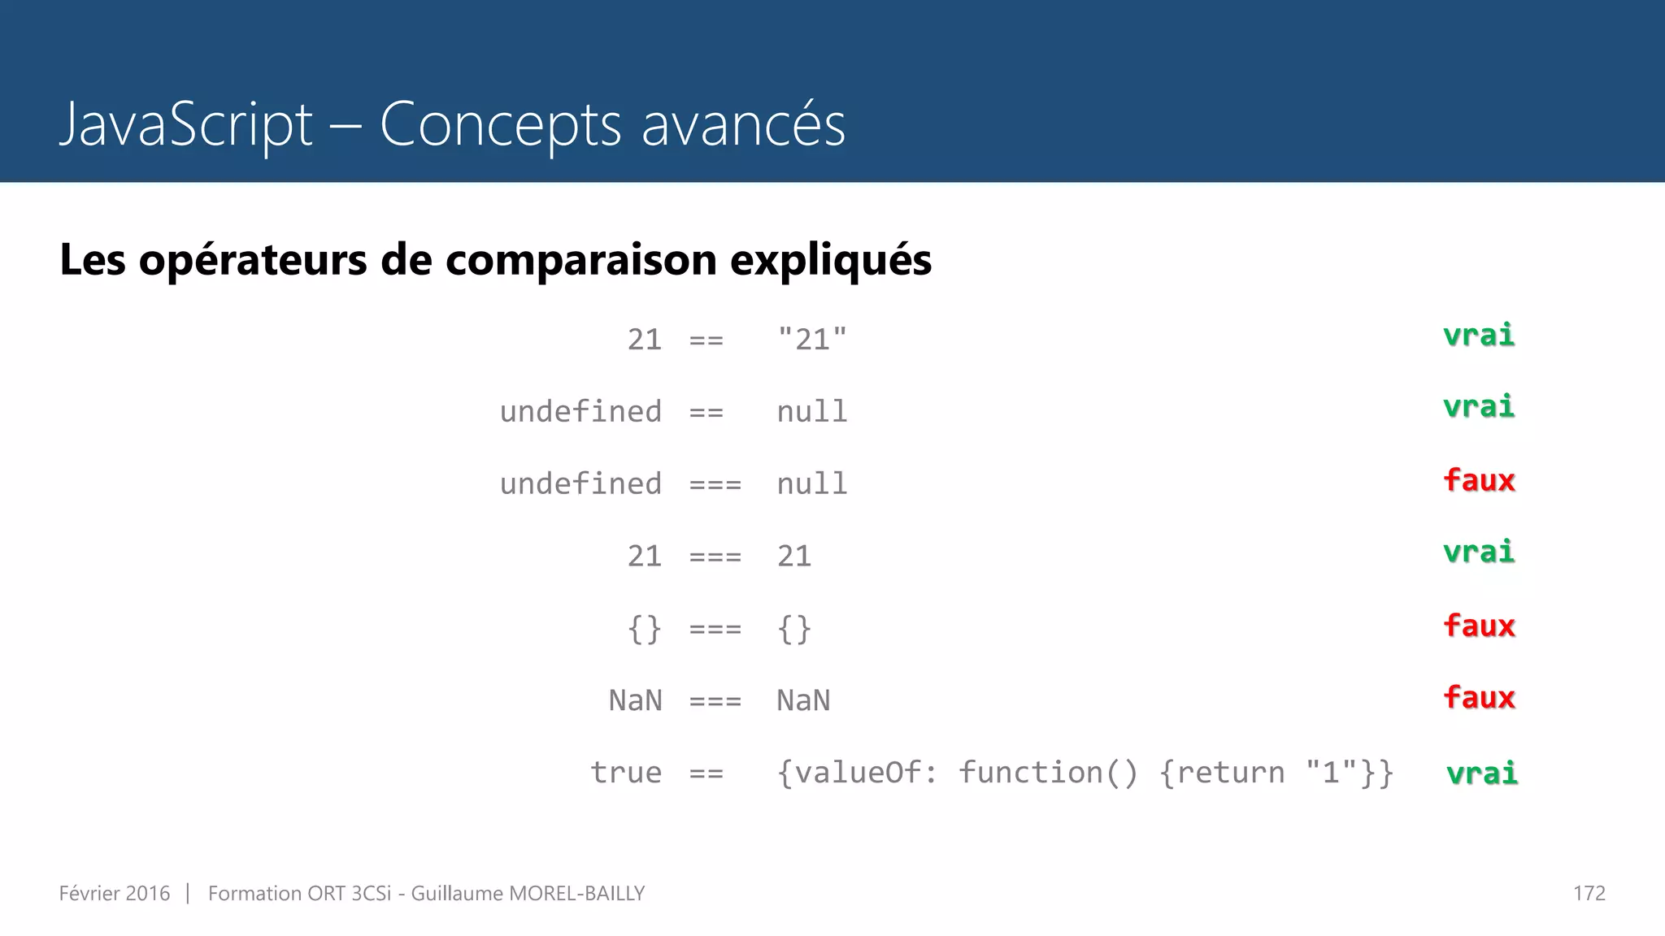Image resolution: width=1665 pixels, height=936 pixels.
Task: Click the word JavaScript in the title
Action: point(185,125)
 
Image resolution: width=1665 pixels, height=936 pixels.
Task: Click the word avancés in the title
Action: point(743,125)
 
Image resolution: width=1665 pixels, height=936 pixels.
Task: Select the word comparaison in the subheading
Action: point(580,260)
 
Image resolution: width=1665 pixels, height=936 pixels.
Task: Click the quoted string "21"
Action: point(811,339)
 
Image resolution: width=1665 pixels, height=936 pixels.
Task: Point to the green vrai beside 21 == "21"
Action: point(1478,335)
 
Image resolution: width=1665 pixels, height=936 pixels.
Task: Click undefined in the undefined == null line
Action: point(580,411)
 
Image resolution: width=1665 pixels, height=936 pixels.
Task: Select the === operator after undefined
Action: point(715,485)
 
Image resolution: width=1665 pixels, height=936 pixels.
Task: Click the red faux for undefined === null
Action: point(1479,480)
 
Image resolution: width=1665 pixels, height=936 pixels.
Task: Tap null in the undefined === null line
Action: point(811,483)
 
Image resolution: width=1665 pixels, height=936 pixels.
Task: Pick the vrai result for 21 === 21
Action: point(1478,552)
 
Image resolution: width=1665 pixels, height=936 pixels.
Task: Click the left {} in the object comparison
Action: point(644,629)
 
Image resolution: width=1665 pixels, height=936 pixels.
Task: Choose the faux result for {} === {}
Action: point(1479,626)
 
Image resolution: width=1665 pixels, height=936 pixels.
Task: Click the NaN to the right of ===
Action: point(803,700)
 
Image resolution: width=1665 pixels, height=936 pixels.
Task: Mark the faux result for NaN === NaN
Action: point(1479,697)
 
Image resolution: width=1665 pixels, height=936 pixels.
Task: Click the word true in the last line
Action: point(625,772)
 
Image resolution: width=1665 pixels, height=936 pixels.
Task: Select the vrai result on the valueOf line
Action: point(1481,773)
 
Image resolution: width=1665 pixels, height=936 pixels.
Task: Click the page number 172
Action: point(1589,894)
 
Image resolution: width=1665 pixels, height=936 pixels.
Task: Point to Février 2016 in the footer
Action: point(115,894)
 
